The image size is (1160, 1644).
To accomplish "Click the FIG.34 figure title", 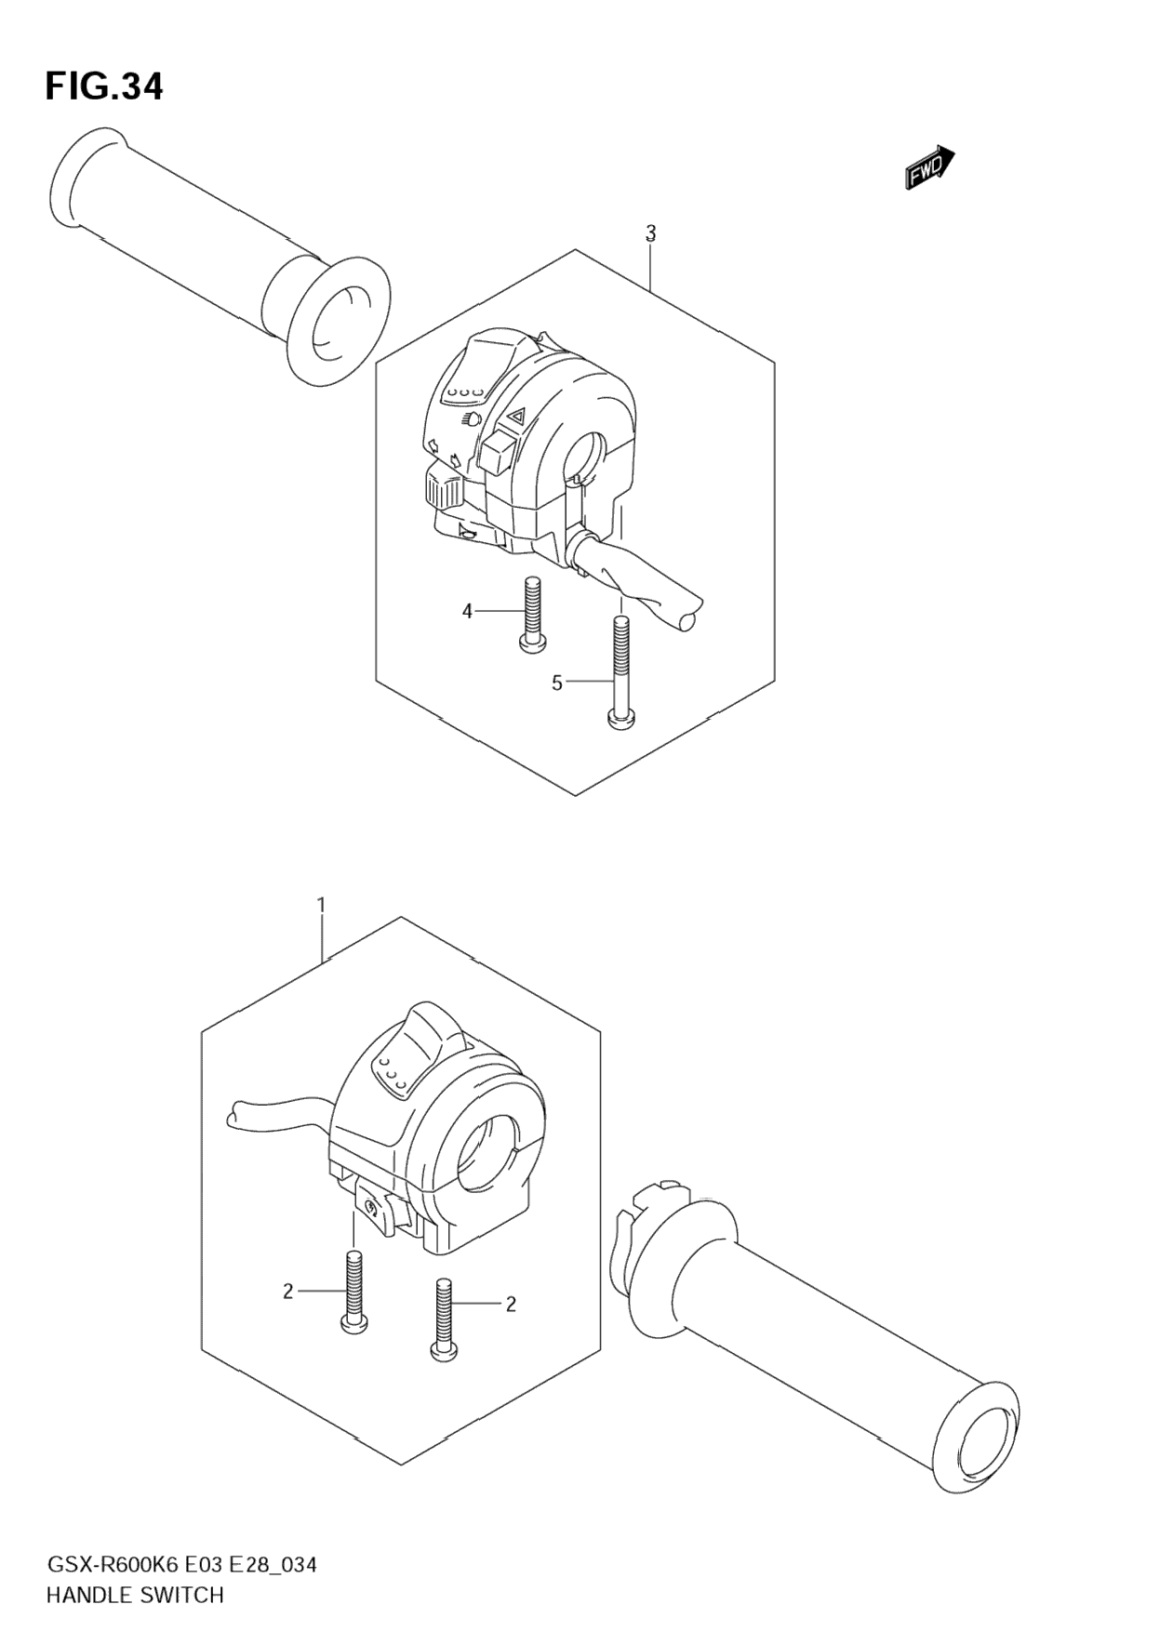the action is pos(104,86).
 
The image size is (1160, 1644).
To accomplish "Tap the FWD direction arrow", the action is pos(929,167).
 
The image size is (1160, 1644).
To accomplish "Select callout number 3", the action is pos(651,232).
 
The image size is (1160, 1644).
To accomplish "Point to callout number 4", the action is pos(467,611).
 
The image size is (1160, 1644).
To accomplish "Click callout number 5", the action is pos(557,683).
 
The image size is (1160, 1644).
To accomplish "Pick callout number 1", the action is pos(321,905).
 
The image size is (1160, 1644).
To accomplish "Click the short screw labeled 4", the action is pos(532,613).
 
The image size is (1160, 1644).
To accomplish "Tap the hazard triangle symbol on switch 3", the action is pos(514,418).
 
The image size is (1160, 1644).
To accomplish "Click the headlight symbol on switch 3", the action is pos(472,419).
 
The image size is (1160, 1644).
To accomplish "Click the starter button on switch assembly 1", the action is pos(375,1210).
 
